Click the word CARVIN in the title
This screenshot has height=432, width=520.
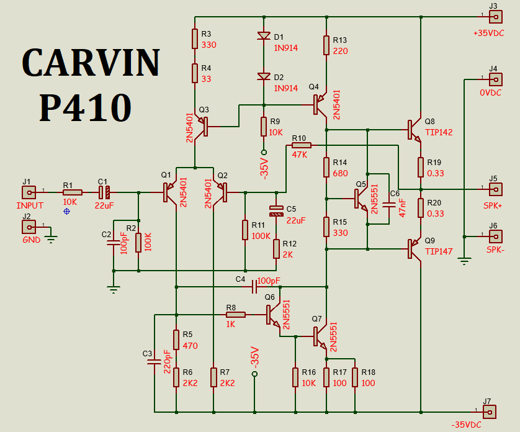coord(91,63)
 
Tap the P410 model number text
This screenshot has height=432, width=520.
coord(85,107)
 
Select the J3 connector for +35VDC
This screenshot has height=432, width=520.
coord(495,16)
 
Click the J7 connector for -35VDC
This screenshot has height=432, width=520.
coord(490,411)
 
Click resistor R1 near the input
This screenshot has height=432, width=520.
coord(72,192)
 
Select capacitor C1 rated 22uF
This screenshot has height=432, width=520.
coord(104,192)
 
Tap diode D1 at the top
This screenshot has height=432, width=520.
coord(264,36)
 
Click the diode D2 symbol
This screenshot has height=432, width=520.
coord(264,77)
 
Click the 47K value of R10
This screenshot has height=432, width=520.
coord(299,155)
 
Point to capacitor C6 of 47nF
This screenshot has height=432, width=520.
coord(389,204)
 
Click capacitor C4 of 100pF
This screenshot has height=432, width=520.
coord(254,287)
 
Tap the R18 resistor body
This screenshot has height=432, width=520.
coord(354,377)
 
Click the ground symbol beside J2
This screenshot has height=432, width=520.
coord(50,236)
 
